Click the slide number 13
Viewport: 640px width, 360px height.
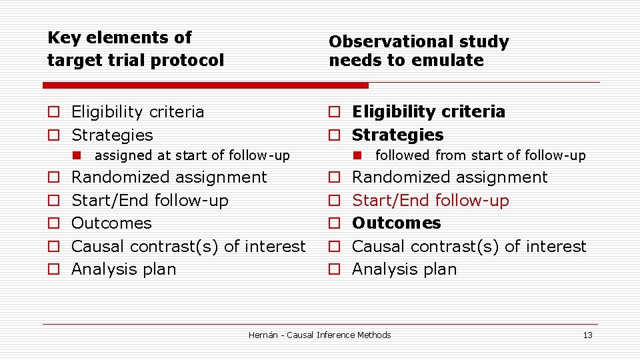click(587, 335)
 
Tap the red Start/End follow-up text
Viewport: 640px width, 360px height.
click(430, 201)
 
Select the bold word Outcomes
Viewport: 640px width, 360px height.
click(396, 223)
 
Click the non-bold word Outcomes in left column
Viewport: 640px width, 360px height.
click(111, 223)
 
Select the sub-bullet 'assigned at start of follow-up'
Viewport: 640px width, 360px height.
click(192, 156)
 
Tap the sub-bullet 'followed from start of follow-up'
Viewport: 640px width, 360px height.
click(480, 156)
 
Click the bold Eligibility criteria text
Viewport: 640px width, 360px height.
click(428, 112)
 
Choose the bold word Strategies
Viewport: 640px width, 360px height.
click(397, 135)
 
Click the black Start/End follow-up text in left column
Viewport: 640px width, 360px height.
click(149, 201)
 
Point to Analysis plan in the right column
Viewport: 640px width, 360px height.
click(404, 269)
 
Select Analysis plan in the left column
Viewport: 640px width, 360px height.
click(123, 269)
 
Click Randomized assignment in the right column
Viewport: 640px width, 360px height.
click(449, 177)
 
